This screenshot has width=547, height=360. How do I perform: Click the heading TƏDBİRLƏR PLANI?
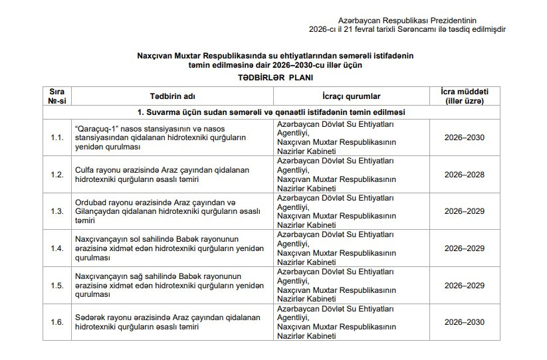click(x=273, y=77)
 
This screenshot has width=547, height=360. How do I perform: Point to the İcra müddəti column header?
click(x=465, y=96)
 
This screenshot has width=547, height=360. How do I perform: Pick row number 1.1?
click(x=57, y=137)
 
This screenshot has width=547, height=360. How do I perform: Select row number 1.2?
click(x=57, y=175)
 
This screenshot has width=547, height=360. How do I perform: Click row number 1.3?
click(x=57, y=211)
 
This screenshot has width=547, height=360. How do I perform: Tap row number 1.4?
click(x=57, y=248)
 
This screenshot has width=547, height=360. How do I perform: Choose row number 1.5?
click(x=57, y=286)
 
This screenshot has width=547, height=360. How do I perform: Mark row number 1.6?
click(x=57, y=322)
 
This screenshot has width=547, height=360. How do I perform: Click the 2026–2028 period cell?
click(x=465, y=175)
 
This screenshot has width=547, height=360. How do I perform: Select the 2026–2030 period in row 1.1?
click(x=465, y=137)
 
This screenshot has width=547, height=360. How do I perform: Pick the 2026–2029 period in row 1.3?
click(x=465, y=211)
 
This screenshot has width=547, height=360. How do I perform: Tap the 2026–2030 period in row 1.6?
click(x=465, y=322)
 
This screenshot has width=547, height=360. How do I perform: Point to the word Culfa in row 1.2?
click(x=87, y=170)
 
